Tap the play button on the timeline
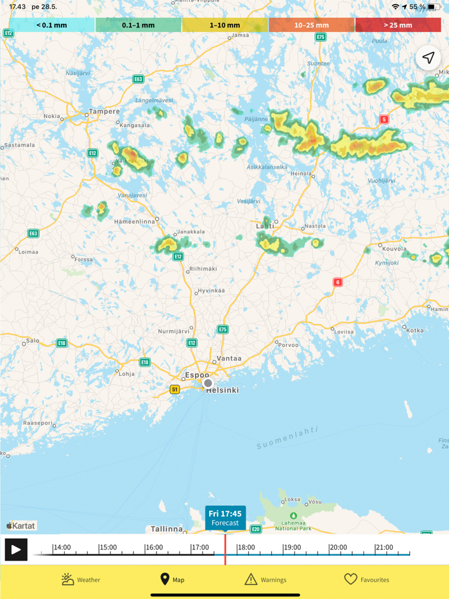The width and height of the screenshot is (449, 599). (x=16, y=550)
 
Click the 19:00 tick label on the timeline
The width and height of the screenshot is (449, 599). (x=292, y=548)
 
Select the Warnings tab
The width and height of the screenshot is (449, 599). (x=266, y=580)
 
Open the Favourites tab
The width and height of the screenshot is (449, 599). (x=367, y=580)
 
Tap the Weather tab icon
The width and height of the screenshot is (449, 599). (x=68, y=579)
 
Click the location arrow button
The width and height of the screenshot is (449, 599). (x=428, y=58)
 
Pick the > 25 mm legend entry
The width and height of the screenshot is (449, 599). (x=398, y=25)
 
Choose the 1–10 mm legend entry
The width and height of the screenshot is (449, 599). (x=224, y=25)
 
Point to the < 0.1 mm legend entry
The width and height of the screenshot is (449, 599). (x=52, y=25)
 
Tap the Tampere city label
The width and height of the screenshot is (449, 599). (x=104, y=111)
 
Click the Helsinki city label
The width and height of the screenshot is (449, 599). (x=223, y=390)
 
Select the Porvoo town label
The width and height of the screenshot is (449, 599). (x=288, y=344)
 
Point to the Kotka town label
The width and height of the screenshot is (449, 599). (x=415, y=330)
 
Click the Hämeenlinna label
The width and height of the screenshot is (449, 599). (x=135, y=221)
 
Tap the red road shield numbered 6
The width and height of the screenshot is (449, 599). (x=337, y=282)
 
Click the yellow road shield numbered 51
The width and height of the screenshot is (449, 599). (x=174, y=389)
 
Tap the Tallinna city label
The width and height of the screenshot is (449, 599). (x=167, y=529)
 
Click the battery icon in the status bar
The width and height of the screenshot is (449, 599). (x=434, y=7)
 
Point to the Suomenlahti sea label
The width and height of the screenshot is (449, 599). (x=287, y=437)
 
